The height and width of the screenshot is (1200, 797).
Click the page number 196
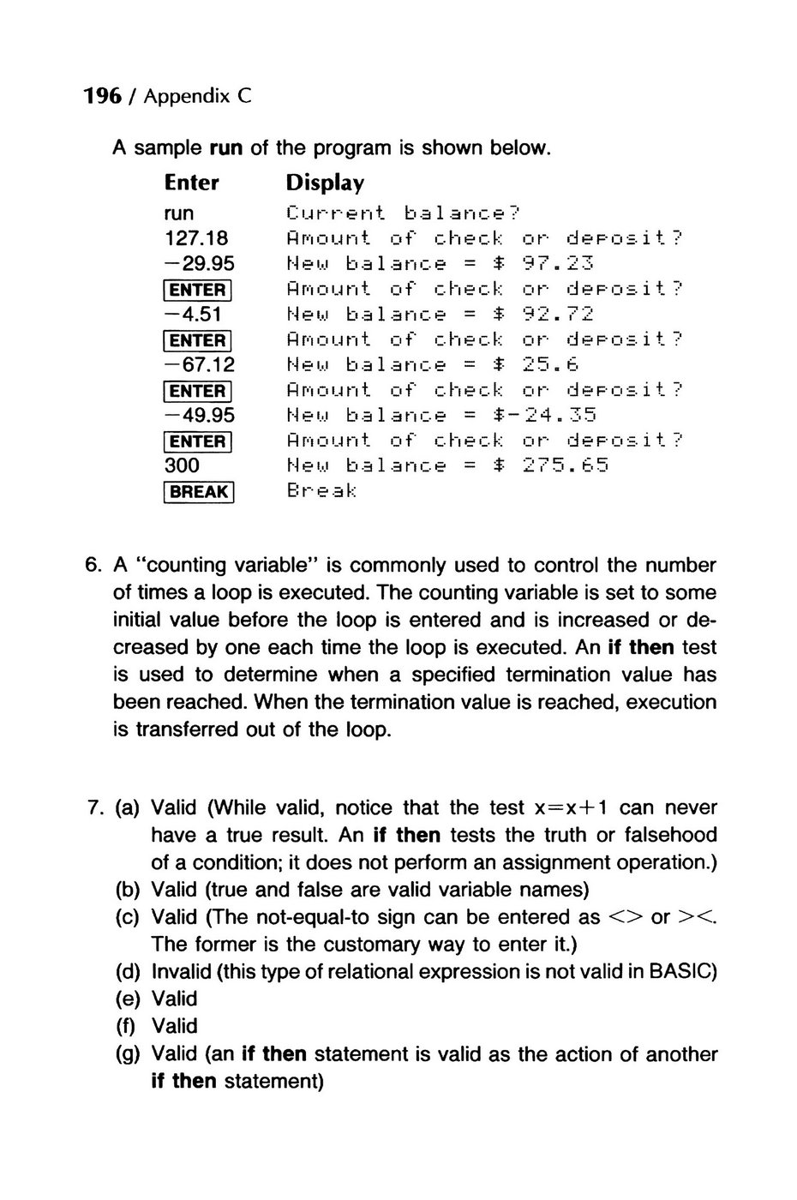pos(102,97)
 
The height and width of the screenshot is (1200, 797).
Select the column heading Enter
pos(192,183)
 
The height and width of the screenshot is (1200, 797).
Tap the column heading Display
pos(325,183)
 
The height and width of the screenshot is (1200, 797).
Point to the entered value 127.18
pos(196,238)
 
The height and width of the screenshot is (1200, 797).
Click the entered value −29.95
pos(200,264)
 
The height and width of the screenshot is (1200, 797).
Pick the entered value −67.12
pos(200,365)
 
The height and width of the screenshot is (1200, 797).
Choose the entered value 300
pos(182,465)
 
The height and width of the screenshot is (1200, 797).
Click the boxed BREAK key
pos(200,492)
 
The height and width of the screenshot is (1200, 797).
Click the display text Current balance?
pos(404,213)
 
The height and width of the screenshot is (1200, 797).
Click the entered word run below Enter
pos(179,213)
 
